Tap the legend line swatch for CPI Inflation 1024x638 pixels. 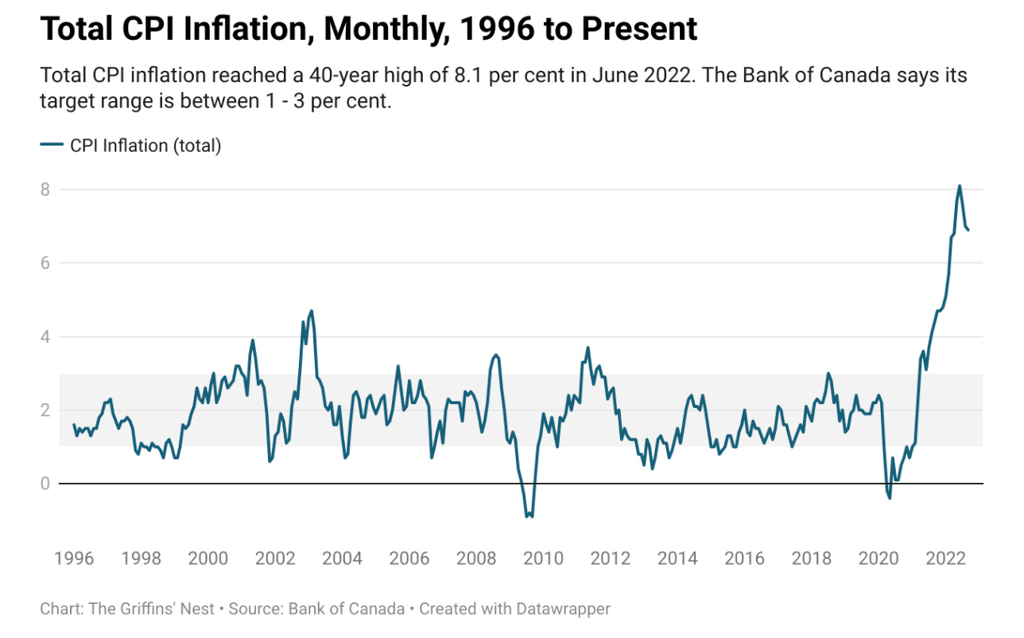coord(52,145)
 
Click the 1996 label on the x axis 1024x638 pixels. coord(73,558)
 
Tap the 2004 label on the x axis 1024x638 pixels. coord(342,558)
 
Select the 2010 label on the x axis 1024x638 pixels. coord(543,558)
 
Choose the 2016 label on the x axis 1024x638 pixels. coord(745,558)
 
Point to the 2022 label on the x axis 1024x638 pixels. coord(946,558)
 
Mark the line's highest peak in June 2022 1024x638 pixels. coord(960,186)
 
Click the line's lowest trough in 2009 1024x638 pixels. coord(528,517)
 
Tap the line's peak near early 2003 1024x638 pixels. coord(312,311)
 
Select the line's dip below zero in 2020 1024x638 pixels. coord(890,498)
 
